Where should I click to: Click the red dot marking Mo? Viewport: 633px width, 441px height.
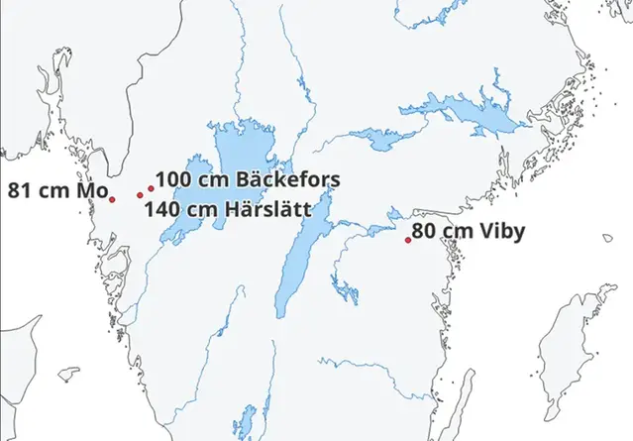[112, 199]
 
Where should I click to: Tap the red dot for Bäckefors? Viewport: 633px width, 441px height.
[151, 187]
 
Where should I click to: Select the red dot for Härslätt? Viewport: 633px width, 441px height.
[140, 195]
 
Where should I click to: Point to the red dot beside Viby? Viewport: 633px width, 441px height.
[408, 240]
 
